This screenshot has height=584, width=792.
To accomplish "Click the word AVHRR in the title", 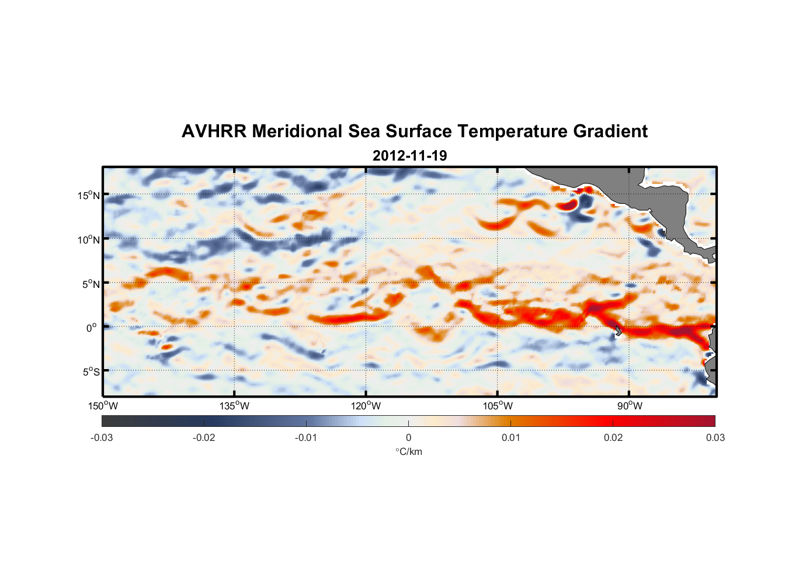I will [x=214, y=131].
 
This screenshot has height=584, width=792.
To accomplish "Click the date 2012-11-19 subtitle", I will [x=409, y=156].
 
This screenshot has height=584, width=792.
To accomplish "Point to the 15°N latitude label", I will [x=88, y=196].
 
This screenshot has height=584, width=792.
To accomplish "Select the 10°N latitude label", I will [x=88, y=239].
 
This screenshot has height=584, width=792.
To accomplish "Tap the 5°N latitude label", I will [x=91, y=284].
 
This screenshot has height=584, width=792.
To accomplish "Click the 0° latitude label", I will [x=92, y=328].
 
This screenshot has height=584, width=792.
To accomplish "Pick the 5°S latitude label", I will [x=91, y=372].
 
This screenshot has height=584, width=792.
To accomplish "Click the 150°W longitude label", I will [x=103, y=406].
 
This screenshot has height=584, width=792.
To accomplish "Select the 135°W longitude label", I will [x=234, y=406].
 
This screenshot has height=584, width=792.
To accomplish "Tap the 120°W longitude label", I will [x=366, y=406].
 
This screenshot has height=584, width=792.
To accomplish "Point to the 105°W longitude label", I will [x=498, y=406].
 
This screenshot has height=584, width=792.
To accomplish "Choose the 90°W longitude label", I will [x=630, y=406].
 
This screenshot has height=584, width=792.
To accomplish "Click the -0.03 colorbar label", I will [x=102, y=438].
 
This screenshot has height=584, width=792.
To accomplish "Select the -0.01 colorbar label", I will [x=306, y=438].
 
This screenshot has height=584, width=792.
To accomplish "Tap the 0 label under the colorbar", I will [x=408, y=438].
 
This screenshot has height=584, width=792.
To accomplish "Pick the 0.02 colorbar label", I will [x=613, y=438].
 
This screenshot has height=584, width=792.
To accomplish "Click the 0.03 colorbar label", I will [x=715, y=438].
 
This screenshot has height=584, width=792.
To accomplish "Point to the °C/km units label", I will [x=409, y=451].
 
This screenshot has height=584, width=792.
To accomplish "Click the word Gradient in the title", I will [x=610, y=131].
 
